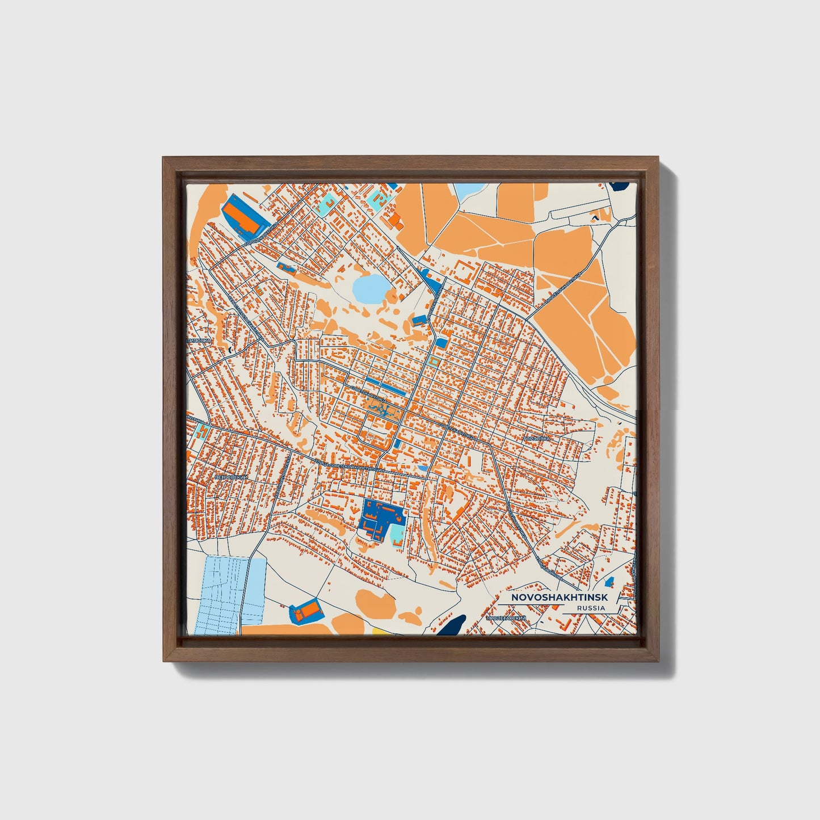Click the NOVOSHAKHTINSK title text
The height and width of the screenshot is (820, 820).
559,598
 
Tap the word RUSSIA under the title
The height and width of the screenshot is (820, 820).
590,608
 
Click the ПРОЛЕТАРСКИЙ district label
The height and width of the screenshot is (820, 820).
506,617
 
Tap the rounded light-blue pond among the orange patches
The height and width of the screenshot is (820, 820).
369,288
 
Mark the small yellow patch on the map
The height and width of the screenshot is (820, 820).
379,631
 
